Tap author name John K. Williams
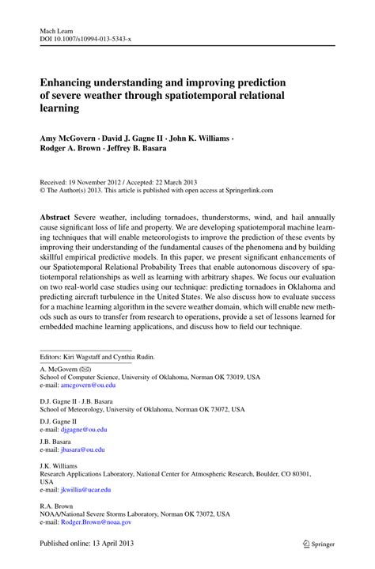(x=197, y=137)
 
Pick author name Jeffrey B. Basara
(x=145, y=148)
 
